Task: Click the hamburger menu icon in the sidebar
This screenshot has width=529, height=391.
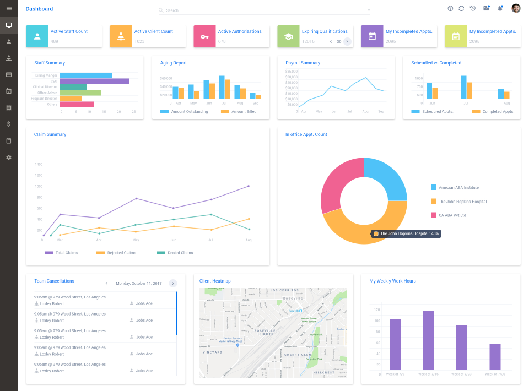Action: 9,8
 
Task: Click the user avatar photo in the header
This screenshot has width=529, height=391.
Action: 516,8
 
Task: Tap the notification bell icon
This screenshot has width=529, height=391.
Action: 500,8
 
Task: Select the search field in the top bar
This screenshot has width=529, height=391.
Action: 264,10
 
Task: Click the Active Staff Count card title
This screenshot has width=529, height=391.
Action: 69,31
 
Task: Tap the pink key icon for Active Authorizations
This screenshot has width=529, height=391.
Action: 204,36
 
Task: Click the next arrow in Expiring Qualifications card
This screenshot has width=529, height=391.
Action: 347,41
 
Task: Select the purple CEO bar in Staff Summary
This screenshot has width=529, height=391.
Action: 94,81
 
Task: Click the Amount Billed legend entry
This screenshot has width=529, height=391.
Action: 240,112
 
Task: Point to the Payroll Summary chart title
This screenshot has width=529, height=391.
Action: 303,63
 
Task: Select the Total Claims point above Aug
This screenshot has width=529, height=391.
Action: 249,186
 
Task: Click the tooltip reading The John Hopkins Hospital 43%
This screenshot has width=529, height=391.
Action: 406,233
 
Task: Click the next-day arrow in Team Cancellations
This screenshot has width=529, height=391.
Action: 172,283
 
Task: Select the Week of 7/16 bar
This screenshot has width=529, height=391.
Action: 428,340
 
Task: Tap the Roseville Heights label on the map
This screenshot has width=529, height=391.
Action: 257,333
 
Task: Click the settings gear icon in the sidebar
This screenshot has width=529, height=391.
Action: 9,158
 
